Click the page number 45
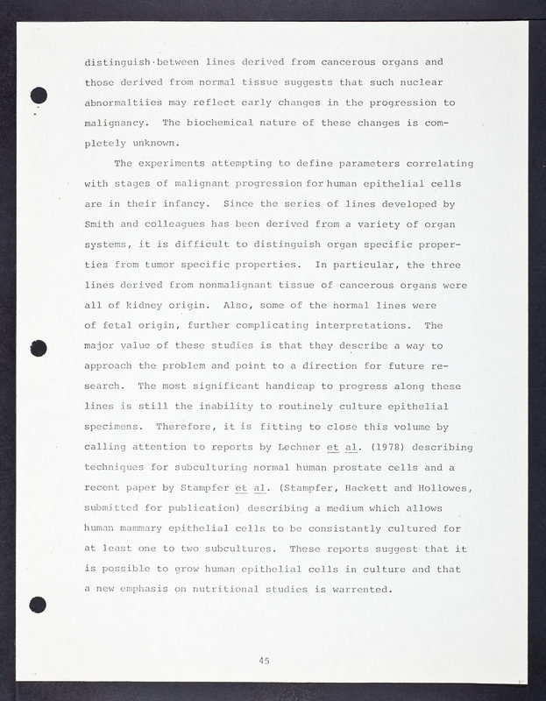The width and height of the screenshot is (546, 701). click(x=264, y=660)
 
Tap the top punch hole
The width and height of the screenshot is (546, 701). click(x=37, y=96)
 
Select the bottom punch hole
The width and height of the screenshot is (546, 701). click(x=37, y=603)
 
